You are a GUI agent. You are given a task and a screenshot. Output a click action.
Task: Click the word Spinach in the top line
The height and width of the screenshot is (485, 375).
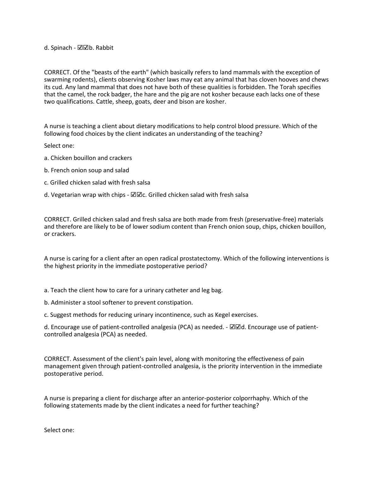(x=61, y=48)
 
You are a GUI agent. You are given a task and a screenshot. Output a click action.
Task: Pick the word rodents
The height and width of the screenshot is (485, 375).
(x=82, y=80)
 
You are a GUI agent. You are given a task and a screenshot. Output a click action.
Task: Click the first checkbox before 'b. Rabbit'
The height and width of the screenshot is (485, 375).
(x=80, y=48)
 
